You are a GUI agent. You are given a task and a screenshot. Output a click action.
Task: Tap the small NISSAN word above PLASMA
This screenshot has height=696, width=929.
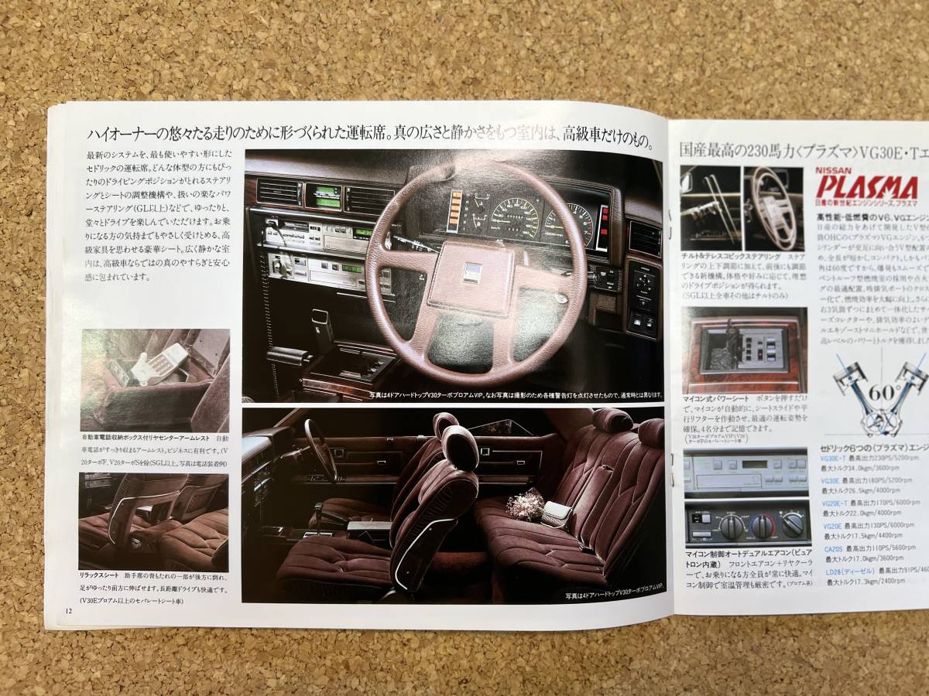(835, 170)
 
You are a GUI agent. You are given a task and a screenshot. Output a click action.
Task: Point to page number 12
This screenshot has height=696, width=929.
(70, 612)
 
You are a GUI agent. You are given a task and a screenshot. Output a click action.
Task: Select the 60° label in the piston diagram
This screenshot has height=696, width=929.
(881, 391)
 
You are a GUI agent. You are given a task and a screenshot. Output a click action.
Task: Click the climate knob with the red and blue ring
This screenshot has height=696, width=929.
(763, 527)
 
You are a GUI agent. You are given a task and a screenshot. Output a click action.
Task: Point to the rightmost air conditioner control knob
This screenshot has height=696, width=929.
(792, 525)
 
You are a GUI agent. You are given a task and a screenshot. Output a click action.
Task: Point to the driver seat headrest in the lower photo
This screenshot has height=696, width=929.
(460, 445)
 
